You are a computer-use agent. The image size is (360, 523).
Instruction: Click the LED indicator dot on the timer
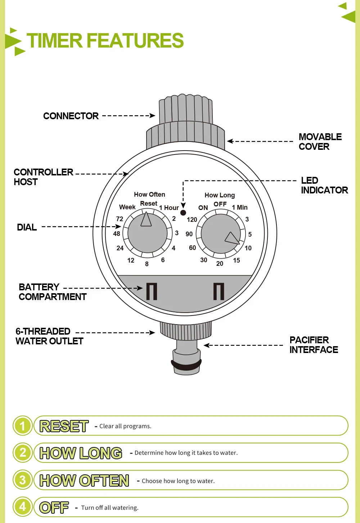point(183,213)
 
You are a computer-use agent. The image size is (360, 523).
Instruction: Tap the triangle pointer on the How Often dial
point(146,220)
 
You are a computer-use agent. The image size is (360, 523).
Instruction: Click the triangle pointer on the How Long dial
point(232,238)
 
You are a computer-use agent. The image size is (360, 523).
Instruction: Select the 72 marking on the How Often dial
point(120,219)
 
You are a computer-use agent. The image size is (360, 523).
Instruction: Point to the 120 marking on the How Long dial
point(192,220)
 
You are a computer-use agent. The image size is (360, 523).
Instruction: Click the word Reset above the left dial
point(149,204)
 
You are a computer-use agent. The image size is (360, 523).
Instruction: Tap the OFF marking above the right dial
point(220,204)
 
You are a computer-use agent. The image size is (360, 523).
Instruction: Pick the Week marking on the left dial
point(127,207)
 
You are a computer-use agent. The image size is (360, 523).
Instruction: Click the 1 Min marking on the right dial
point(240,207)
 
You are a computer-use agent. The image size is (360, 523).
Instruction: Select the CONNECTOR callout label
point(71,116)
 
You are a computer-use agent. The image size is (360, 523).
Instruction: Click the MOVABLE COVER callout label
point(320,142)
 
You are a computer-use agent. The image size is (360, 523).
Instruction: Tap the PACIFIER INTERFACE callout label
point(314,345)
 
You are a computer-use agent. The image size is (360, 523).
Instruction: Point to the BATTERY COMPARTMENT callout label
point(53,292)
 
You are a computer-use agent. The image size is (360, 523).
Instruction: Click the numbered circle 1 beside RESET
point(23,426)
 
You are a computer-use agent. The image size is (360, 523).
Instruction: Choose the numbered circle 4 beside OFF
point(23,507)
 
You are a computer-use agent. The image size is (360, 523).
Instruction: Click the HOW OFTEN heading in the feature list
point(84,480)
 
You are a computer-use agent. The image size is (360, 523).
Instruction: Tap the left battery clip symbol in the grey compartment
point(152,291)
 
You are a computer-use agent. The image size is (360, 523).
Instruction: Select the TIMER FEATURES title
point(105,41)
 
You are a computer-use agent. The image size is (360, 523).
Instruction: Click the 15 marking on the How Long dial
point(237,260)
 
